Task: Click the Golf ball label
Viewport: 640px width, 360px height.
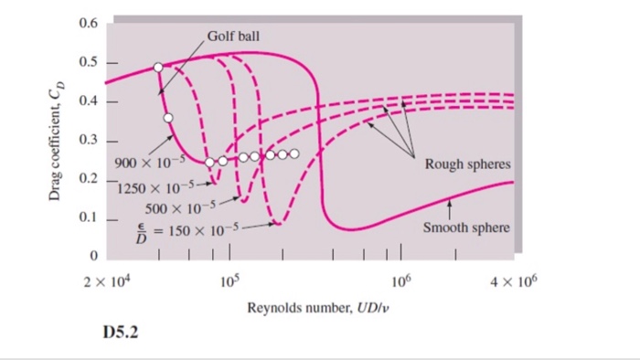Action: coord(234,37)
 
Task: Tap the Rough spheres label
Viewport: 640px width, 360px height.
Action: coord(467,165)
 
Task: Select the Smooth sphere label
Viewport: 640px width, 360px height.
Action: coord(466,228)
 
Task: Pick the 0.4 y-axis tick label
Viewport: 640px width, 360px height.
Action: coord(89,101)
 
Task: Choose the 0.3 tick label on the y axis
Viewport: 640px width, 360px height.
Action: coord(89,141)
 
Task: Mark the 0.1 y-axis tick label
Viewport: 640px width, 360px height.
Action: coord(89,218)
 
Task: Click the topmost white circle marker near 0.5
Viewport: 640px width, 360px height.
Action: coord(158,68)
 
